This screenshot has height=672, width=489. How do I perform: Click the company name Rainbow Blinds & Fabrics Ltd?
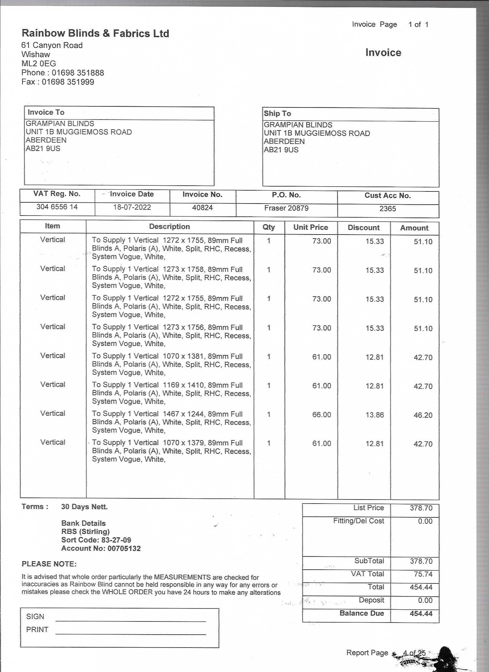95,33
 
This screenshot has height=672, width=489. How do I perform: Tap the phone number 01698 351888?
78,73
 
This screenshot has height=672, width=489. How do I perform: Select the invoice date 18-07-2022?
132,207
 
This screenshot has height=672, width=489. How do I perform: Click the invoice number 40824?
203,208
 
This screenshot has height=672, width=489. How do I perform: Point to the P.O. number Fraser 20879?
286,208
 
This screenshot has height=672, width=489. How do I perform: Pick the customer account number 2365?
387,209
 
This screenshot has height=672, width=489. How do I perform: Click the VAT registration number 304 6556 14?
57,207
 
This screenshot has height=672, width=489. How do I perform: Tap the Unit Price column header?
310,227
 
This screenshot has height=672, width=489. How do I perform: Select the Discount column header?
364,228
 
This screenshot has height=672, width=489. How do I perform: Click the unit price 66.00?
322,414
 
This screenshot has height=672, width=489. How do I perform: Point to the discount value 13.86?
375,415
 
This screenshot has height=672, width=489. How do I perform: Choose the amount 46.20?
423,415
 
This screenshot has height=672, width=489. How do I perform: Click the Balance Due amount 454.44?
421,613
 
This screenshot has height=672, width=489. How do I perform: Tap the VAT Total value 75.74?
423,574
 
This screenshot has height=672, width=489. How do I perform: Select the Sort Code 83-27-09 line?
96,540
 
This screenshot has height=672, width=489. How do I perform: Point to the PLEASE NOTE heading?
49,564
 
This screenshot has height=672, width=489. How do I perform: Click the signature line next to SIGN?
131,621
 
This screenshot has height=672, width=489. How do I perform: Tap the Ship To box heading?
277,114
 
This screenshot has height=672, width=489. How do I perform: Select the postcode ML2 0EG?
39,64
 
